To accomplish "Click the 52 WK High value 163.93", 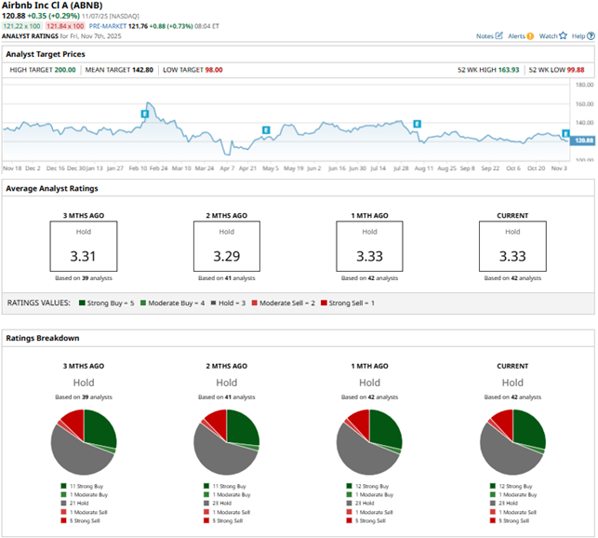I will (x=506, y=70).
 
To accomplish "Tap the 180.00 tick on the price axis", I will (x=585, y=85).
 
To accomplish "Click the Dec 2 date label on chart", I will (x=33, y=168).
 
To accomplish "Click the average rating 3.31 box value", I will (x=84, y=253).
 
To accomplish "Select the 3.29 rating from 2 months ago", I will (x=227, y=253).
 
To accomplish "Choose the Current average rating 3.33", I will (x=512, y=253).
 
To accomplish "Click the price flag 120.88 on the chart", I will (x=584, y=140).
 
